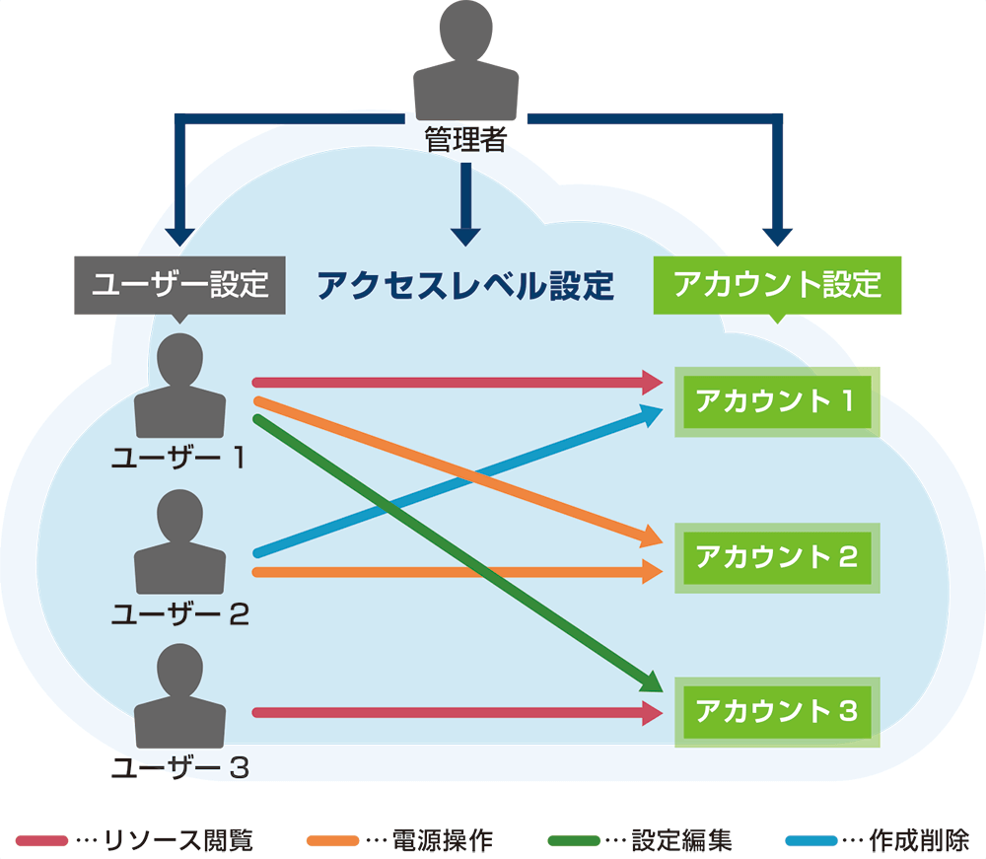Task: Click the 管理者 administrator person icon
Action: tap(465, 64)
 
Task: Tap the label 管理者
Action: tap(465, 140)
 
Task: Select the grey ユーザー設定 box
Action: tap(179, 286)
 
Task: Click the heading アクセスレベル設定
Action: tap(465, 286)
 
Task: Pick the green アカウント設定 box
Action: tap(777, 286)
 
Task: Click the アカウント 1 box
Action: tap(776, 401)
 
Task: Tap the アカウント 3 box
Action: tap(776, 711)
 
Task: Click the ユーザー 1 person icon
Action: tap(179, 387)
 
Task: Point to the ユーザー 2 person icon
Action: tap(179, 541)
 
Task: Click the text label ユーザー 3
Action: tap(179, 767)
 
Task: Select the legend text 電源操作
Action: tap(443, 840)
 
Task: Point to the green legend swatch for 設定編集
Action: tap(574, 840)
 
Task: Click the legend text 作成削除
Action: tap(919, 840)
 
